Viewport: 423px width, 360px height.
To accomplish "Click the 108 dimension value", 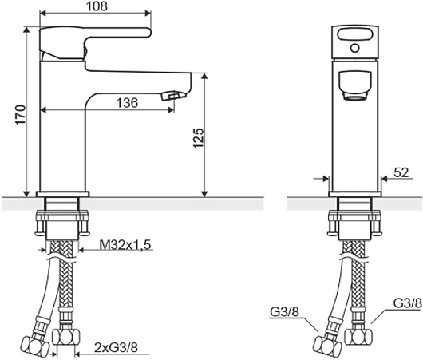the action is point(97,6).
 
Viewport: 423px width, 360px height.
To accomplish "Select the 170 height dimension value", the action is point(21,115).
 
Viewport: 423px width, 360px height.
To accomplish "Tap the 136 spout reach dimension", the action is point(127,103).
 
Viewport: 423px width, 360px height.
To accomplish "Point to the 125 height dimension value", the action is point(198,138).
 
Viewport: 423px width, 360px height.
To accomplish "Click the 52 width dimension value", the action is point(401,172).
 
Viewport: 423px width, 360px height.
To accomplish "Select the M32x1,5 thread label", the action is point(125,245).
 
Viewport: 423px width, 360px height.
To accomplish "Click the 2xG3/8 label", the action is point(116,347).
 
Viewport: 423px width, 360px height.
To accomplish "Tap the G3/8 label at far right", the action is point(407,303).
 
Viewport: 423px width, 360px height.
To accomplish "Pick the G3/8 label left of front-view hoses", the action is point(285,312).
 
